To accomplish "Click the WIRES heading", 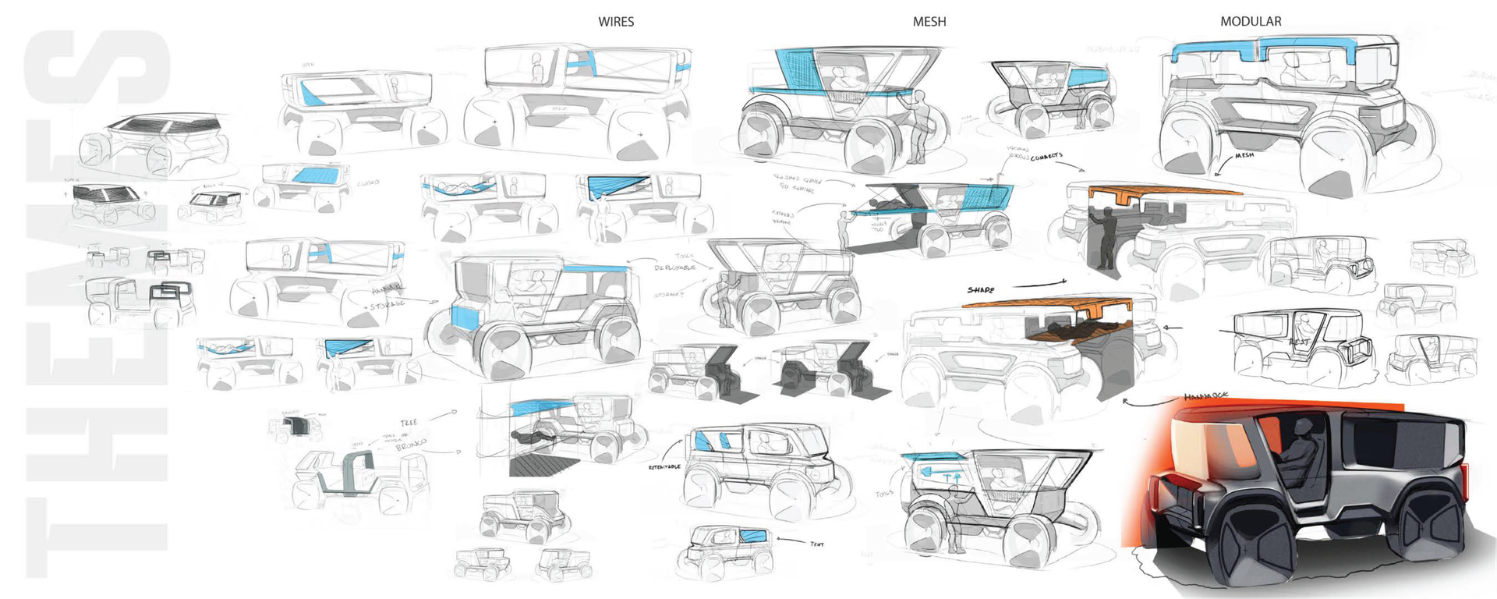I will [616, 22].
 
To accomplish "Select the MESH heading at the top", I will [929, 22].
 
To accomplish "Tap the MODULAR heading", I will [1251, 22].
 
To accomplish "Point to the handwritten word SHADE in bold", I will [981, 290].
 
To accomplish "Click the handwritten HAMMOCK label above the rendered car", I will [1205, 396].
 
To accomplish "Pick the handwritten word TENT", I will [816, 544].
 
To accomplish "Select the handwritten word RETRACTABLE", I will [664, 466].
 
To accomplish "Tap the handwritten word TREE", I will [409, 423].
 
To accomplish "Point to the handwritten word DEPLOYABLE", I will [674, 268].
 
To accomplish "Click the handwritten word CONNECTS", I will [1046, 157].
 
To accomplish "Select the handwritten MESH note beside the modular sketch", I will [1244, 155].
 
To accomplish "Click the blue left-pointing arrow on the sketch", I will [929, 471].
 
